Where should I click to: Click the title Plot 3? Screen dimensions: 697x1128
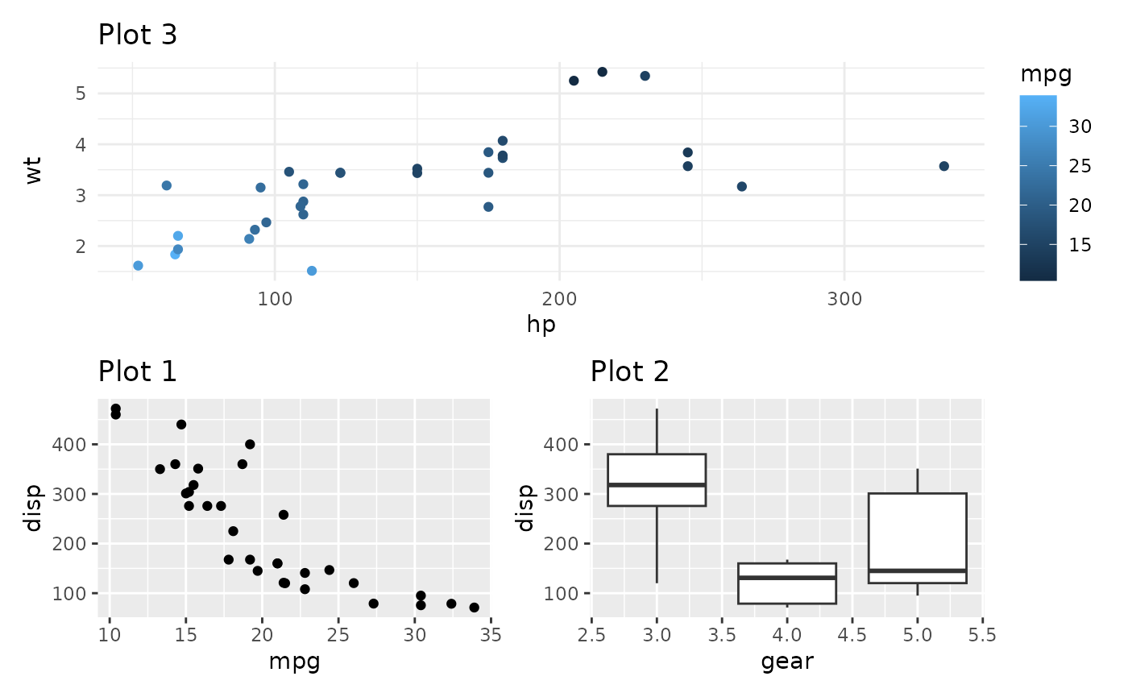pos(137,35)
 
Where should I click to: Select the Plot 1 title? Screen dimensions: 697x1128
pos(137,371)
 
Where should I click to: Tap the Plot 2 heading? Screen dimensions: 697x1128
pos(629,371)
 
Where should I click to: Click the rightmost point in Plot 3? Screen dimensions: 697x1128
pos(943,166)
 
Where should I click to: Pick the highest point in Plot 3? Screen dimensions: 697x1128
pos(602,72)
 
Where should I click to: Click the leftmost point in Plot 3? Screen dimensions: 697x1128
pos(138,266)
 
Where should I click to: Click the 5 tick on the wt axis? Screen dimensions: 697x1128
pos(81,93)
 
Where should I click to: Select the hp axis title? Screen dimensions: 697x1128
pos(541,325)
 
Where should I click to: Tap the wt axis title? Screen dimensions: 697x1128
pos(33,171)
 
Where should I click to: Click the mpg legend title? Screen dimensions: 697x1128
pos(1046,75)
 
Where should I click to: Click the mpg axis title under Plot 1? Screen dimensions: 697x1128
pos(294,662)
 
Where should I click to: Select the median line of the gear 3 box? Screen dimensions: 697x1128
pos(657,484)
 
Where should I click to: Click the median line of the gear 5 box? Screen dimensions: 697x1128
pos(917,570)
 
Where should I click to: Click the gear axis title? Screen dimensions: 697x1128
pos(786,662)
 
